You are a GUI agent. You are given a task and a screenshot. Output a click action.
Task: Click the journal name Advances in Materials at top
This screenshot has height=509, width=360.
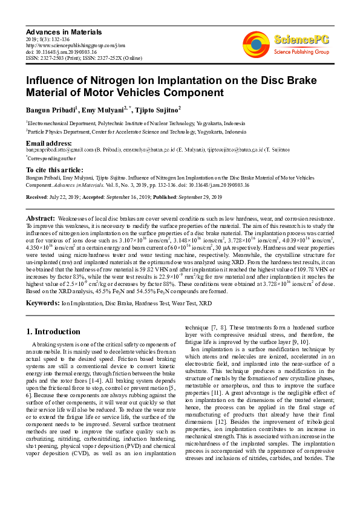[64, 31]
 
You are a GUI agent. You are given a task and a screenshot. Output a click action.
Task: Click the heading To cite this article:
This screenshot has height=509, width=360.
[54, 170]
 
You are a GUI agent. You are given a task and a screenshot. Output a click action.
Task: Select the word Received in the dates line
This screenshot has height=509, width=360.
[38, 197]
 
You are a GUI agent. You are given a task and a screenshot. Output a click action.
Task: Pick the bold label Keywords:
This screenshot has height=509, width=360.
[42, 301]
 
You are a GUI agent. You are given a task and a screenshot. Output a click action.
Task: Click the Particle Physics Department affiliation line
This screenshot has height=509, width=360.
[137, 131]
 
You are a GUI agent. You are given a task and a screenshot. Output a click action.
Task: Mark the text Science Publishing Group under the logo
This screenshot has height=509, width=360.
[301, 53]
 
